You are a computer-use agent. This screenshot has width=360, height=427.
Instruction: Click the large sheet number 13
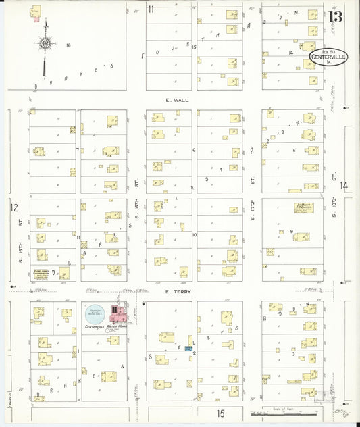pyautogui.click(x=335, y=16)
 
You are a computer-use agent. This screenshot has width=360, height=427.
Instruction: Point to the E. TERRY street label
pyautogui.click(x=177, y=291)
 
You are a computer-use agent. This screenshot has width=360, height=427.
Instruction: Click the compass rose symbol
pyautogui.click(x=45, y=45)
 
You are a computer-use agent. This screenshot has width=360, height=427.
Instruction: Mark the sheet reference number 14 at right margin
pyautogui.click(x=344, y=185)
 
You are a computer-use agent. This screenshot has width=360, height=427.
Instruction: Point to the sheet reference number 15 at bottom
pyautogui.click(x=220, y=411)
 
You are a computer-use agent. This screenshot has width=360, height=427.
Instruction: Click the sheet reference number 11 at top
pyautogui.click(x=151, y=9)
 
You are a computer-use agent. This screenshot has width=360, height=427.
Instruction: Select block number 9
pyautogui.click(x=292, y=232)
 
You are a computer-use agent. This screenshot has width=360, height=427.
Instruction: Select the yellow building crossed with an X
pyautogui.click(x=269, y=252)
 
